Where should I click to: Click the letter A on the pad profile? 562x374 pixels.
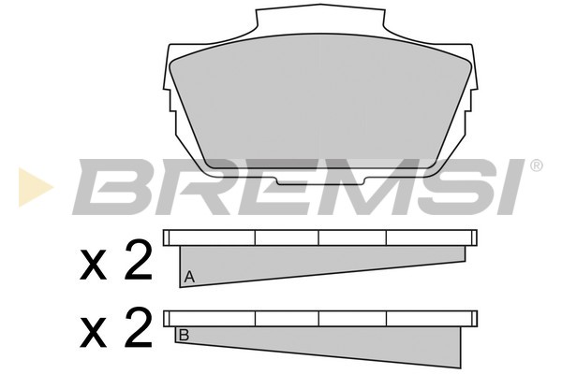tap(189, 277)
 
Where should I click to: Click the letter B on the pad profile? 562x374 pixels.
tap(184, 336)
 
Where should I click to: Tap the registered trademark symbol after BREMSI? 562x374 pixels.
tap(536, 165)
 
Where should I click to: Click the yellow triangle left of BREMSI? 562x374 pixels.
tap(36, 187)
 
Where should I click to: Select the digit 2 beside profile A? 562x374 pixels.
tap(138, 259)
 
